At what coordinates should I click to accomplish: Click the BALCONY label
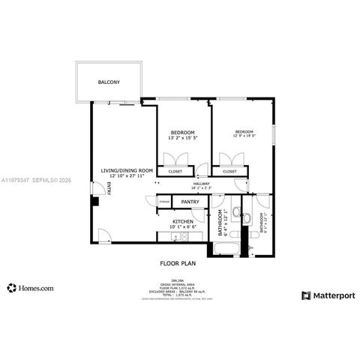coord(109,82)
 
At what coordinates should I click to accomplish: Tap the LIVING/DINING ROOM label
coord(127,170)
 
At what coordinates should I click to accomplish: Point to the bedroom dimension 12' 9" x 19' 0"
coord(244,135)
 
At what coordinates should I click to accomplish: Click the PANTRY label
coord(190,202)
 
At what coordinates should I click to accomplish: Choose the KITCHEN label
coord(184,221)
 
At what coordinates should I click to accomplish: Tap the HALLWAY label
coord(201,184)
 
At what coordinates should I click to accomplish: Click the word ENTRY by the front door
coord(109,189)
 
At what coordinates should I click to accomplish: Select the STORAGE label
coord(163,201)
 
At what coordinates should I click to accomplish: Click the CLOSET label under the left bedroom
coord(175,172)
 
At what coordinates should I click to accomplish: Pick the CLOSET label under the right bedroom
coord(229,172)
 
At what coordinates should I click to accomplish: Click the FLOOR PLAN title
coord(178,263)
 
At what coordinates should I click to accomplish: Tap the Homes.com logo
coord(30,287)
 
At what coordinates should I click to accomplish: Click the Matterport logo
coord(328,295)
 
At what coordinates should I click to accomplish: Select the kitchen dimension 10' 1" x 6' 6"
coord(184,227)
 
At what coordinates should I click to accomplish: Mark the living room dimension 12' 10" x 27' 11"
coord(127,176)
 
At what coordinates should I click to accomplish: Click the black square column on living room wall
coord(94,201)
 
